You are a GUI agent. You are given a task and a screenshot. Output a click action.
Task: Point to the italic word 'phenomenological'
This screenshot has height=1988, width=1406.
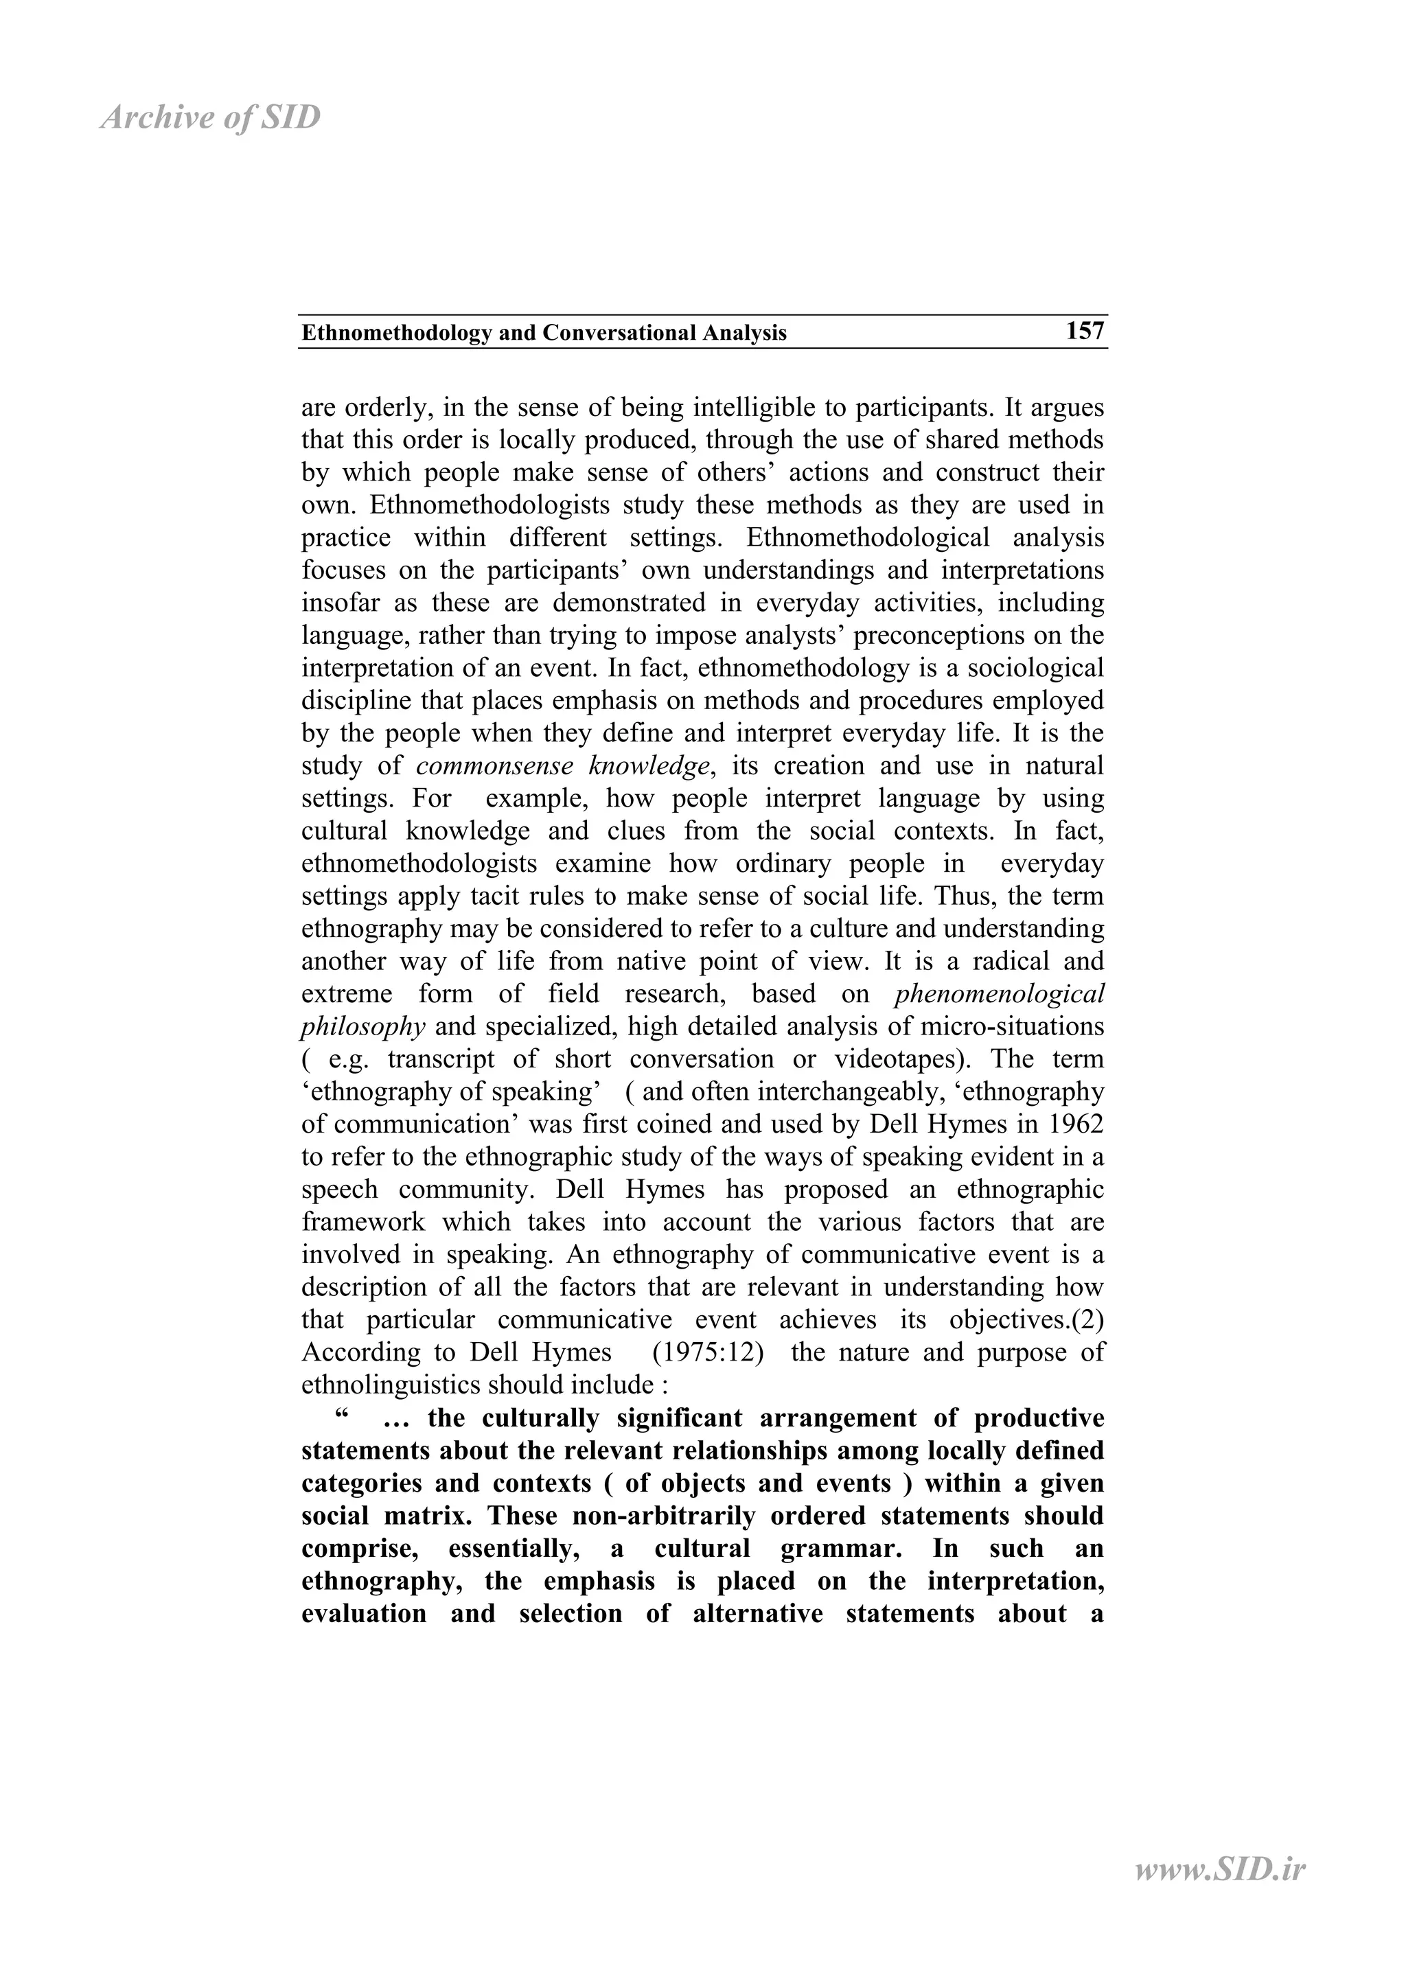(x=999, y=994)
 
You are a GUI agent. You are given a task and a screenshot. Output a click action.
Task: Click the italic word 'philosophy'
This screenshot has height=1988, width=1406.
(x=362, y=1027)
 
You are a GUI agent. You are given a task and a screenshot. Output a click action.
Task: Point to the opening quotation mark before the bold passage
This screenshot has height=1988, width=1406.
(x=341, y=1418)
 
